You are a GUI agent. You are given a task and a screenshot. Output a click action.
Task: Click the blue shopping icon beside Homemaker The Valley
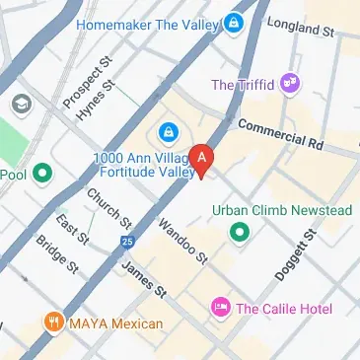(234, 21)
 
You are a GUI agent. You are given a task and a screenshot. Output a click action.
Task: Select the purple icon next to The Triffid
(290, 84)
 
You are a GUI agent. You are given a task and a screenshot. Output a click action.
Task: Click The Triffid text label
(243, 85)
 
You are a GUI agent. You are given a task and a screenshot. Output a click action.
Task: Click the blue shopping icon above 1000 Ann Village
(167, 131)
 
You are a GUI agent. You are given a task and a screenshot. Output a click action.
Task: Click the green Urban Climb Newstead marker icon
(238, 233)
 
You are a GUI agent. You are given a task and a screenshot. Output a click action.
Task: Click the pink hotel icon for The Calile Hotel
(221, 309)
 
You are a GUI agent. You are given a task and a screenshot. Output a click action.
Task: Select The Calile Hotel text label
(286, 309)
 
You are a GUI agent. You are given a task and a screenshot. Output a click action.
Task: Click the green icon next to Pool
(41, 176)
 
